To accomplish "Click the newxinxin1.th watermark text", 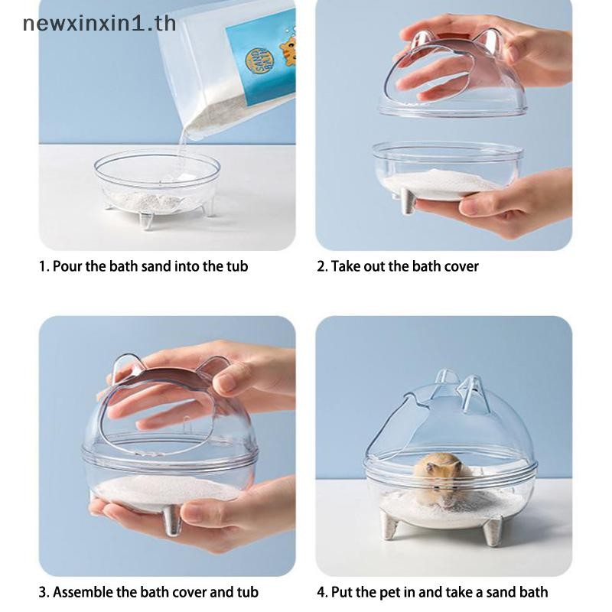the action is click(99, 24).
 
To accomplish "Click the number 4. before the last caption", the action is click(322, 592).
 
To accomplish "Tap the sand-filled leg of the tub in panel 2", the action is click(408, 202).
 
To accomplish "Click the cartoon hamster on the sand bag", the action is click(288, 49).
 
